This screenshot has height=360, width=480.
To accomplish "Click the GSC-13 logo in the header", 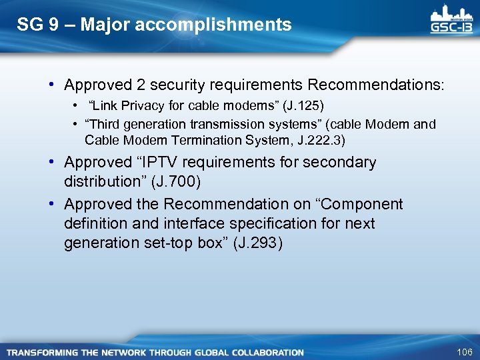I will pyautogui.click(x=452, y=21).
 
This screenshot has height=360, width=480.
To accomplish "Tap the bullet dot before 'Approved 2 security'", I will pyautogui.click(x=51, y=85).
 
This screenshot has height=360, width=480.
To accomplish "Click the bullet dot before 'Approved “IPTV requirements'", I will pyautogui.click(x=51, y=162).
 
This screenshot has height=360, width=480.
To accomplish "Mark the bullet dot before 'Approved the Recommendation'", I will pyautogui.click(x=51, y=203).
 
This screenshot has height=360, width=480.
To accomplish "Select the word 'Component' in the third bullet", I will pyautogui.click(x=364, y=203).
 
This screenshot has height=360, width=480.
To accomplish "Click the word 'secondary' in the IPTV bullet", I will pyautogui.click(x=342, y=162).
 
